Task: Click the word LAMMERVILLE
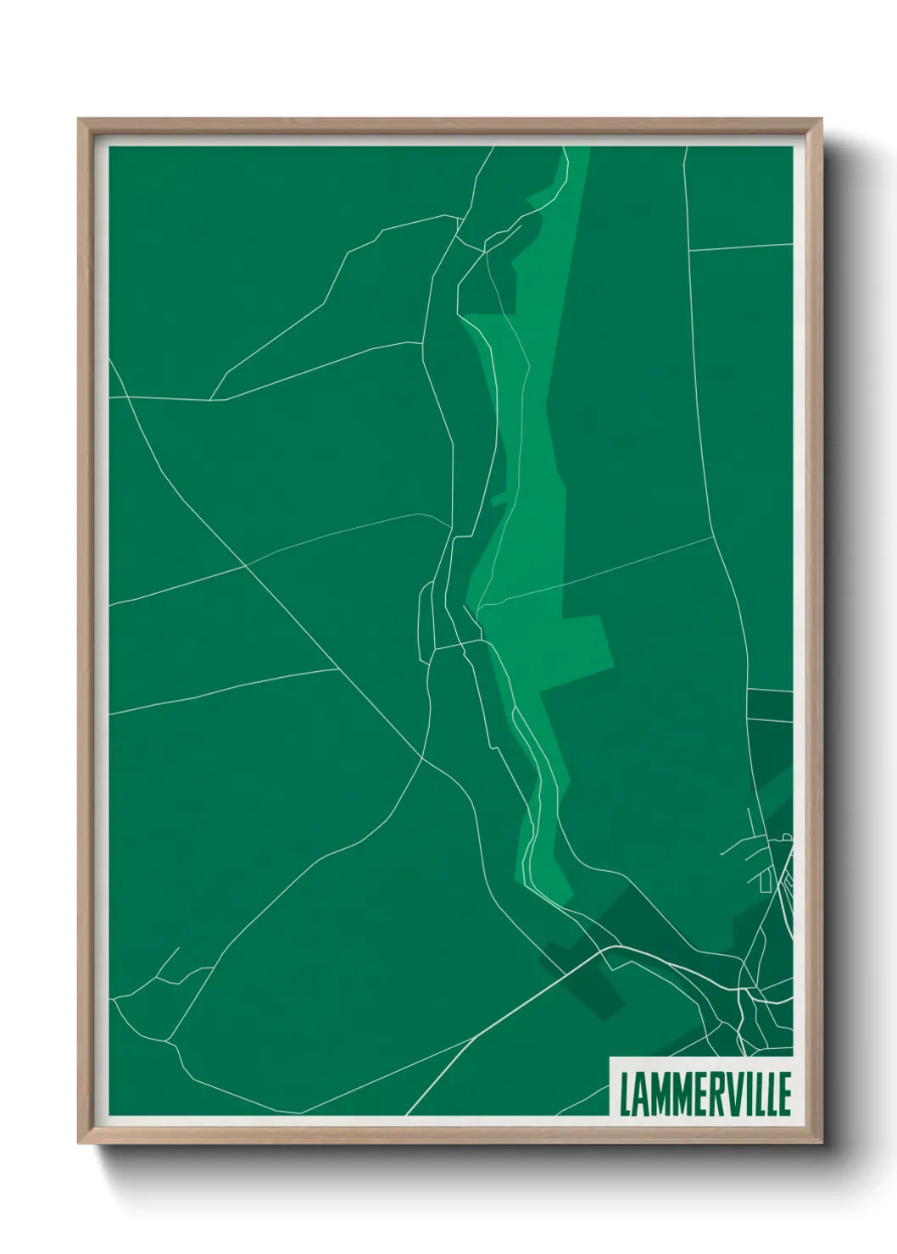click(705, 1094)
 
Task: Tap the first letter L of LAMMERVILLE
click(626, 1094)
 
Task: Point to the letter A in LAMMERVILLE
click(640, 1094)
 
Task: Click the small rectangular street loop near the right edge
click(765, 882)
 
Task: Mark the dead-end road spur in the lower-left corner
click(170, 962)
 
